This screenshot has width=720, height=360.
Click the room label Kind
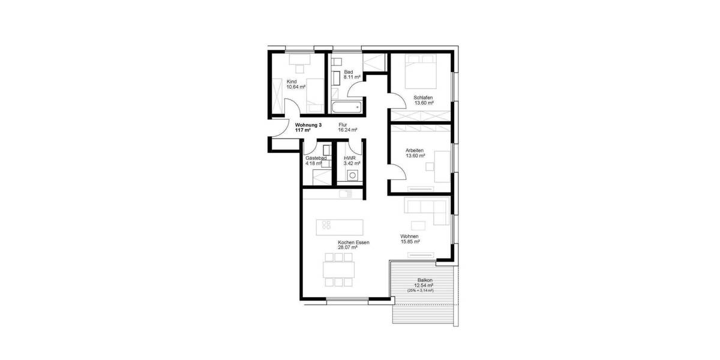[292, 81]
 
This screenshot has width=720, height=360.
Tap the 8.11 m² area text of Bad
[352, 77]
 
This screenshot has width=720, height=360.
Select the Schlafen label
[423, 97]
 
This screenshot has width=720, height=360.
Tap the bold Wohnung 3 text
[308, 125]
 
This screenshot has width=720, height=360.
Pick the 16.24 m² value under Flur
[347, 130]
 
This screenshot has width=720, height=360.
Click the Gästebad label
[315, 158]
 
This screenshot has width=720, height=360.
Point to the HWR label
[349, 158]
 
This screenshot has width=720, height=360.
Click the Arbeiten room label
[415, 149]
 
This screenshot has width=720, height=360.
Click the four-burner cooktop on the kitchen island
[326, 226]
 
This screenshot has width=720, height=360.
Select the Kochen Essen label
[354, 242]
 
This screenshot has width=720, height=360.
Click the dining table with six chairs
[339, 270]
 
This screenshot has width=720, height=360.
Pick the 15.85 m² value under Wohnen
[410, 242]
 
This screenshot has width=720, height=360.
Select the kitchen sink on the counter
[346, 193]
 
